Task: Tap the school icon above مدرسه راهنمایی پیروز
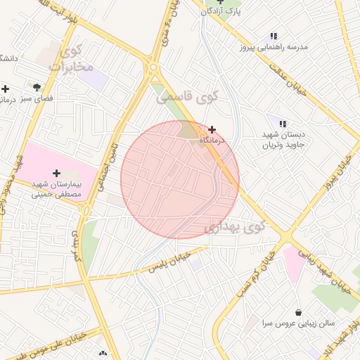(274, 36)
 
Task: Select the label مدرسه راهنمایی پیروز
(274, 48)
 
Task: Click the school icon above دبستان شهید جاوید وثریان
(282, 124)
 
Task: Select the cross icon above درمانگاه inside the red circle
(212, 129)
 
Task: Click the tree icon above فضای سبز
(37, 88)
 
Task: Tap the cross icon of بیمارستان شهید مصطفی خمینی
(56, 172)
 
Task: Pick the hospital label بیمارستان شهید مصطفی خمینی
(56, 188)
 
